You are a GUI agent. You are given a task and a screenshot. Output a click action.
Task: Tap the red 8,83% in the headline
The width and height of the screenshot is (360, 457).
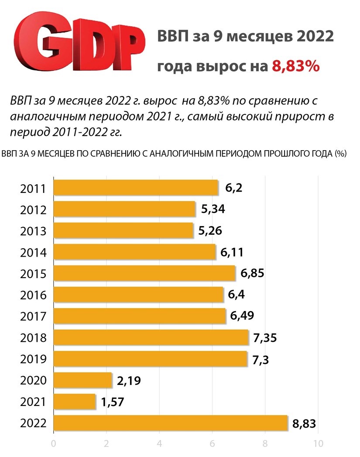(x=296, y=66)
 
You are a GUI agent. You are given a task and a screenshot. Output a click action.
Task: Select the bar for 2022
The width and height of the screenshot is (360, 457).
(x=170, y=423)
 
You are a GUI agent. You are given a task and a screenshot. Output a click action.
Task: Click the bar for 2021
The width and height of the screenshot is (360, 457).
(x=74, y=402)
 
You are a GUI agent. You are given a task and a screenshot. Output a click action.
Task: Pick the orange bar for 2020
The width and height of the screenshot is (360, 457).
(x=82, y=380)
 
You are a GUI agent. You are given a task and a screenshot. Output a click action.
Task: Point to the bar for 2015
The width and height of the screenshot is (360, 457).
(x=144, y=274)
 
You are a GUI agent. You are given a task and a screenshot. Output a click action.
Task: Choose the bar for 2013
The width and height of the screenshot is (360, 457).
(x=123, y=231)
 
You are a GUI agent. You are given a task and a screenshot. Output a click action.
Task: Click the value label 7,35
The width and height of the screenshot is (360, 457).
(x=265, y=338)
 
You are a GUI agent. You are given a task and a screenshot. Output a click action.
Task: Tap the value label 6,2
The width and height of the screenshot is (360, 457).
(x=233, y=189)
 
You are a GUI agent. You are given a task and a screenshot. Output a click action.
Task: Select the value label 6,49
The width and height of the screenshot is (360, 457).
(x=243, y=316)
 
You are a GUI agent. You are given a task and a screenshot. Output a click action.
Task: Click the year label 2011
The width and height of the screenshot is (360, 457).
(x=33, y=189)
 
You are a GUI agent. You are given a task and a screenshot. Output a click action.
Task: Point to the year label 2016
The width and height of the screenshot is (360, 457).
(x=33, y=296)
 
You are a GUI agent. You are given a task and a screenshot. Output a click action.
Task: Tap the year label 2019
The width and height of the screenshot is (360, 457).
(x=33, y=359)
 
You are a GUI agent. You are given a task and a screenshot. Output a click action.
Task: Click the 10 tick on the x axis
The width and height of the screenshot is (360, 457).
(x=318, y=443)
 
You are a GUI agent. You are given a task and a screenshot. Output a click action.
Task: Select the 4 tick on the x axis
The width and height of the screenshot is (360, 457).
(x=159, y=443)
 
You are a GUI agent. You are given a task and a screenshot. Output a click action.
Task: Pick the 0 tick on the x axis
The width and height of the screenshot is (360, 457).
(x=54, y=443)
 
